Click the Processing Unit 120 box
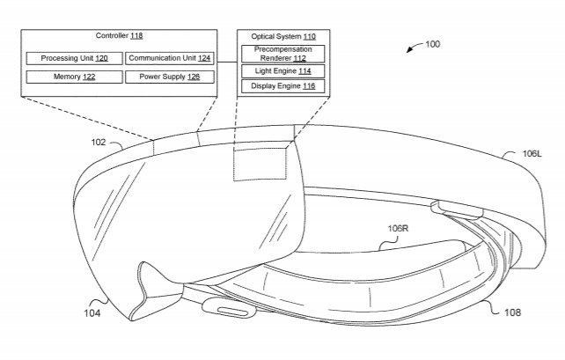(74, 58)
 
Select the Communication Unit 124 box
(168, 58)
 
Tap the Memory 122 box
(74, 77)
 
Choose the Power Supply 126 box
(168, 77)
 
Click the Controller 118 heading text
(118, 37)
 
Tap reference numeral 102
(98, 142)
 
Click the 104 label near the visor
(90, 312)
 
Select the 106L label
(531, 153)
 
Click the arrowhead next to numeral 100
(409, 51)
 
